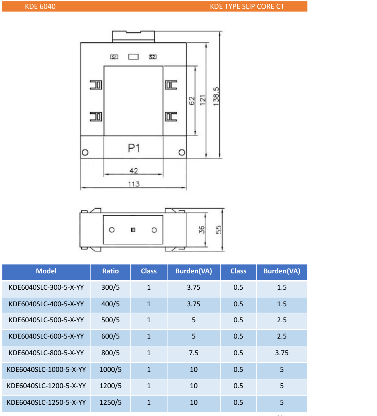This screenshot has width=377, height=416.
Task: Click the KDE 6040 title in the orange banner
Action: point(40,6)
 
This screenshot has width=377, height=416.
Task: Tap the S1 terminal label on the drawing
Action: point(114,57)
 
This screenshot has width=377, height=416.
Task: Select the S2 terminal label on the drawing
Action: point(153,57)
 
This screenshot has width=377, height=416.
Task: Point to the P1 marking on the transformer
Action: point(134,148)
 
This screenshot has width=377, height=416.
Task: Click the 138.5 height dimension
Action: point(216,96)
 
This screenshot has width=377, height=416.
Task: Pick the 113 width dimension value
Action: point(134,184)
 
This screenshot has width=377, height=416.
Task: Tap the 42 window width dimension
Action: point(134,171)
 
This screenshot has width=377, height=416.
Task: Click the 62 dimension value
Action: point(192,101)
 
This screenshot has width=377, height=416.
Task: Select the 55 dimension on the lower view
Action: point(219,230)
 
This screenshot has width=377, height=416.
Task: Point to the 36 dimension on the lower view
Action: point(202,230)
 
